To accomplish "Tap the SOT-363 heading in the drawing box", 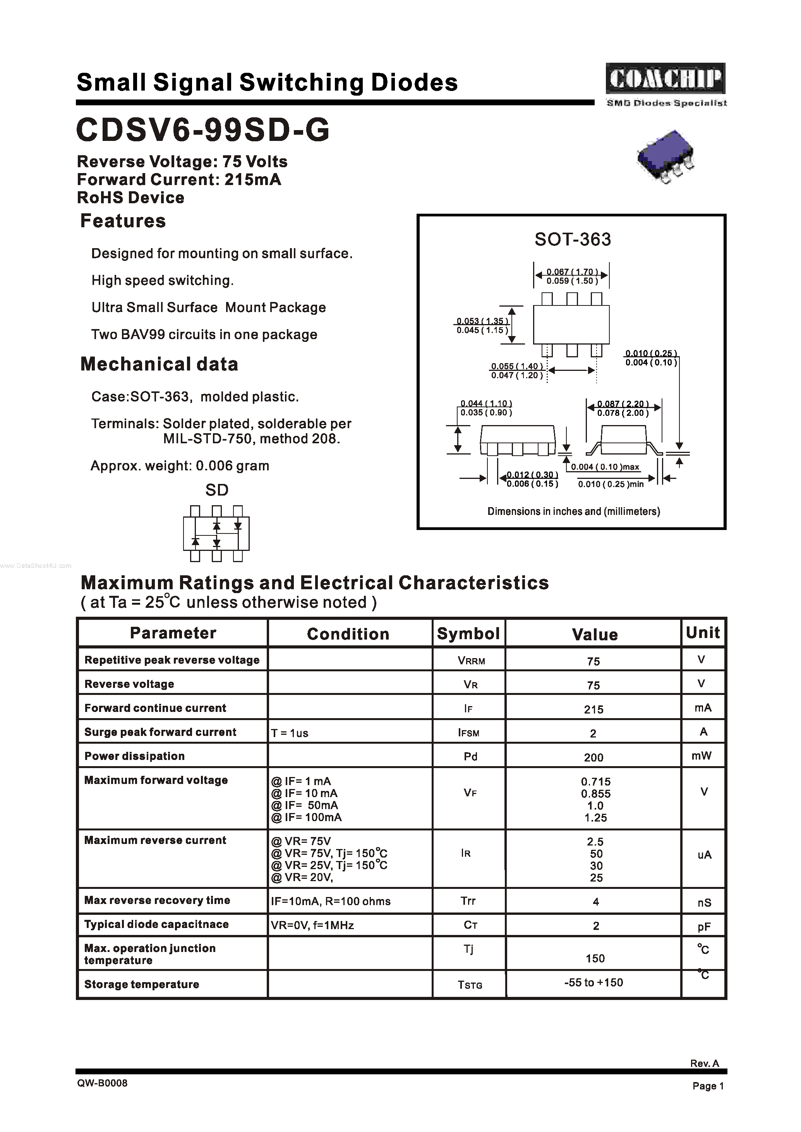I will click(572, 239).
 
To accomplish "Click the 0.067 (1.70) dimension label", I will click(572, 272).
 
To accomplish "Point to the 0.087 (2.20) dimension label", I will click(623, 403).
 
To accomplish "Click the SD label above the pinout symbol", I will click(216, 490).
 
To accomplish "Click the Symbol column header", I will click(468, 633).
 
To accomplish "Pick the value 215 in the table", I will click(593, 709).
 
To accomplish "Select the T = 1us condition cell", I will click(290, 733).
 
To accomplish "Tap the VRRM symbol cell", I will click(471, 661).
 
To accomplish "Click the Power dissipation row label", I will click(134, 756).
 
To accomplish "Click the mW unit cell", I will click(702, 756).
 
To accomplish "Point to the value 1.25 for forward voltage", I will click(595, 818).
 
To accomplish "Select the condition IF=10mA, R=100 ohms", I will click(331, 901).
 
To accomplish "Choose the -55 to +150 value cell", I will click(593, 982).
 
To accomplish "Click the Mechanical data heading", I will click(159, 364).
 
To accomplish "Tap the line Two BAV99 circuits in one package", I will click(204, 334).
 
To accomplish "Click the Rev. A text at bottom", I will click(704, 1063).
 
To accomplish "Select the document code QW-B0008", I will click(102, 1083).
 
